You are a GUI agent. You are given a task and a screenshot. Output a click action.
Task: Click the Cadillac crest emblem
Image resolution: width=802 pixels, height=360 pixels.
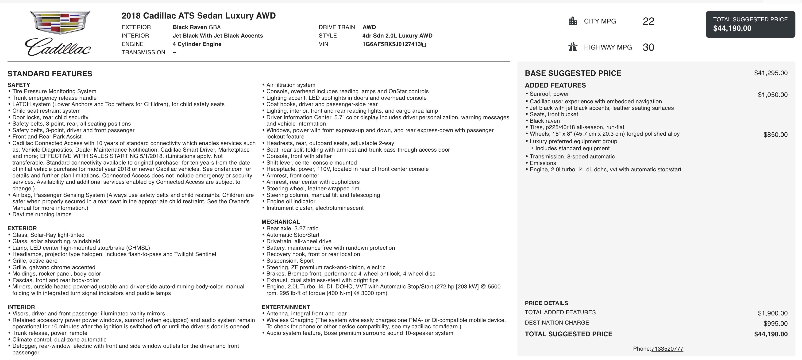point(60,22)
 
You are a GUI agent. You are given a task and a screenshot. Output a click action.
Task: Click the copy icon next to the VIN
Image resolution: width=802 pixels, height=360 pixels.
point(424,44)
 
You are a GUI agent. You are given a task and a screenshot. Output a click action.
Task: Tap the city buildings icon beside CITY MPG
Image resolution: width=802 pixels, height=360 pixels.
point(573,21)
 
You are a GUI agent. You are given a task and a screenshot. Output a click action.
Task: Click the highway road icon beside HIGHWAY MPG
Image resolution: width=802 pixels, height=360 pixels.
point(573,47)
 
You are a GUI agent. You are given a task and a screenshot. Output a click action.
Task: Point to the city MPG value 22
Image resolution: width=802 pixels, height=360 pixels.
point(648,21)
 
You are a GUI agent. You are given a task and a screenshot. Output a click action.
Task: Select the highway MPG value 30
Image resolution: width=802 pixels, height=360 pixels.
point(648,47)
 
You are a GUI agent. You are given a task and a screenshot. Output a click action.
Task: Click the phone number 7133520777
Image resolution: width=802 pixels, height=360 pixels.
point(667,349)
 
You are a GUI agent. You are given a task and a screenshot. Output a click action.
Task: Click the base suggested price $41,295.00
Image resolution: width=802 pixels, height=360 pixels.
point(771,73)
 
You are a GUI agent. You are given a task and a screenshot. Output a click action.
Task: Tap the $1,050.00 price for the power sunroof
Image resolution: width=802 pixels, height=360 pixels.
point(772,95)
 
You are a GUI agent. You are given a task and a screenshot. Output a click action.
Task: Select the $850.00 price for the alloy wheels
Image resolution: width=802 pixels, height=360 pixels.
point(775,135)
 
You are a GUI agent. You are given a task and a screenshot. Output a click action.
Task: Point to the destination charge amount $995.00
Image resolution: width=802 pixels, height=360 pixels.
point(775,324)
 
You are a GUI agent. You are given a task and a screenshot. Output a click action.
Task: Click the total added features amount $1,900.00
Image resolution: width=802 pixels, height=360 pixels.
point(772,313)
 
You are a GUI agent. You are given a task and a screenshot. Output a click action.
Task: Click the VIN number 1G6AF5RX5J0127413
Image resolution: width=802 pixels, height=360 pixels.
point(391,44)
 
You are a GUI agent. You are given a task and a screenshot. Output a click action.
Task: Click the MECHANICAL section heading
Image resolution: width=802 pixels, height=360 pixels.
point(281,222)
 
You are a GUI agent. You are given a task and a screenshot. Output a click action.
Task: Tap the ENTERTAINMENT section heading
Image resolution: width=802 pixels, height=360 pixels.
point(285,307)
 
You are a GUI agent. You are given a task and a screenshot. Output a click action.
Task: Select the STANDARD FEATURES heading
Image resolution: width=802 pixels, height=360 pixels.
point(50,74)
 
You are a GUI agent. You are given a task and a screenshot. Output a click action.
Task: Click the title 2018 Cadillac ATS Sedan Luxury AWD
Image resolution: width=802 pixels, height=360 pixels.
point(198,16)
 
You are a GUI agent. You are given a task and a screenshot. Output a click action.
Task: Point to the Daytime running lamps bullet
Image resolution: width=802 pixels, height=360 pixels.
point(42,214)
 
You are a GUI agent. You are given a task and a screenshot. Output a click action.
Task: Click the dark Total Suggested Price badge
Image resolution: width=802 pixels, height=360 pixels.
point(750,24)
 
